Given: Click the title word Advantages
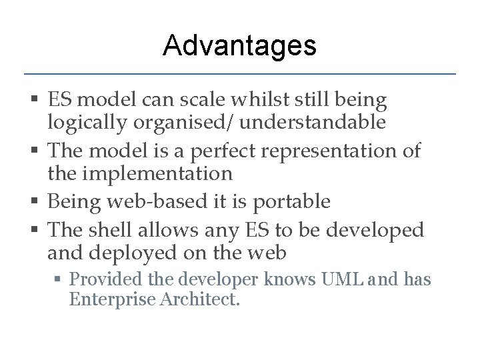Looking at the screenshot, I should click(239, 45).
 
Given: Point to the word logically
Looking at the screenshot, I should click(83, 123).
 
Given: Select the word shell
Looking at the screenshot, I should click(112, 229).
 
